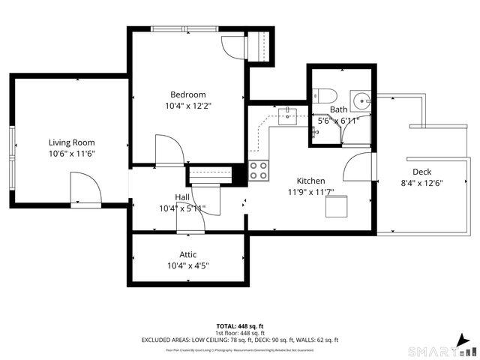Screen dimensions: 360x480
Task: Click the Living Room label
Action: (x=71, y=142)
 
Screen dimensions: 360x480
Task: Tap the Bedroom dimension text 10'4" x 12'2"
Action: (x=187, y=106)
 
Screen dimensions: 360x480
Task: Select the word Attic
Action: (x=187, y=254)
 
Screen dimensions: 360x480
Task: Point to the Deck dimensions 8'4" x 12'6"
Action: (x=422, y=181)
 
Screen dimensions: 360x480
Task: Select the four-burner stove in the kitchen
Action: (x=259, y=171)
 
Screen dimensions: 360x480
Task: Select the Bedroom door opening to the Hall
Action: (x=169, y=150)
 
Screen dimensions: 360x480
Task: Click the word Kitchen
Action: (x=310, y=181)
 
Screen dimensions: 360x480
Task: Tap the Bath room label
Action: (x=338, y=109)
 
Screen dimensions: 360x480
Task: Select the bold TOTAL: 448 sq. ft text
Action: (x=240, y=326)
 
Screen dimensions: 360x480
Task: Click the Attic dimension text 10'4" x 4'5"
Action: (x=187, y=265)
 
